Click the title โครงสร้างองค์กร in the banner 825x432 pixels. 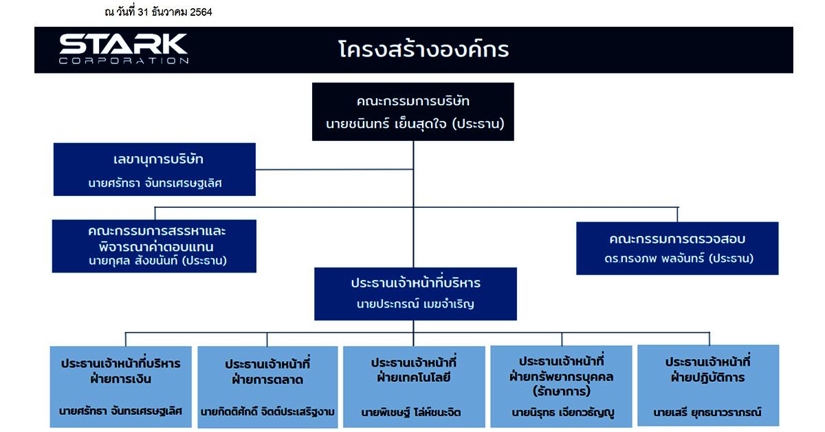[x=423, y=50]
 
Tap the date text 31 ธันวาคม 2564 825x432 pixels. [x=175, y=12]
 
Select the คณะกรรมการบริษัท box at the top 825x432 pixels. [x=413, y=111]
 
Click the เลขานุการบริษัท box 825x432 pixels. [x=154, y=169]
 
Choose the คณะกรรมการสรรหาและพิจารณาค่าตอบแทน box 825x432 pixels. [x=154, y=246]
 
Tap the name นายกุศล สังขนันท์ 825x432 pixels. [x=133, y=261]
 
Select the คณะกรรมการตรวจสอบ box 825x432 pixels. [x=677, y=248]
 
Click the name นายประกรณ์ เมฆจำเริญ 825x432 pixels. [x=415, y=304]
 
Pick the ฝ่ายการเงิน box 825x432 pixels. [x=121, y=387]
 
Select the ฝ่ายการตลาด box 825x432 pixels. [x=267, y=387]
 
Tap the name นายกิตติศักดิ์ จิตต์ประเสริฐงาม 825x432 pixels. [x=267, y=412]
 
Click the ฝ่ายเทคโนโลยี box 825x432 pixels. [x=414, y=387]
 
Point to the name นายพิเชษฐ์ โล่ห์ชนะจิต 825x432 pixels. [x=410, y=412]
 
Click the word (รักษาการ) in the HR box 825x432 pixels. [x=561, y=391]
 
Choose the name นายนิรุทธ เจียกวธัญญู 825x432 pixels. [x=563, y=413]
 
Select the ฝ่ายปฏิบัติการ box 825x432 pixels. [x=708, y=385]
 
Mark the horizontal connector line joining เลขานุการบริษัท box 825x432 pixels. [x=334, y=169]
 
